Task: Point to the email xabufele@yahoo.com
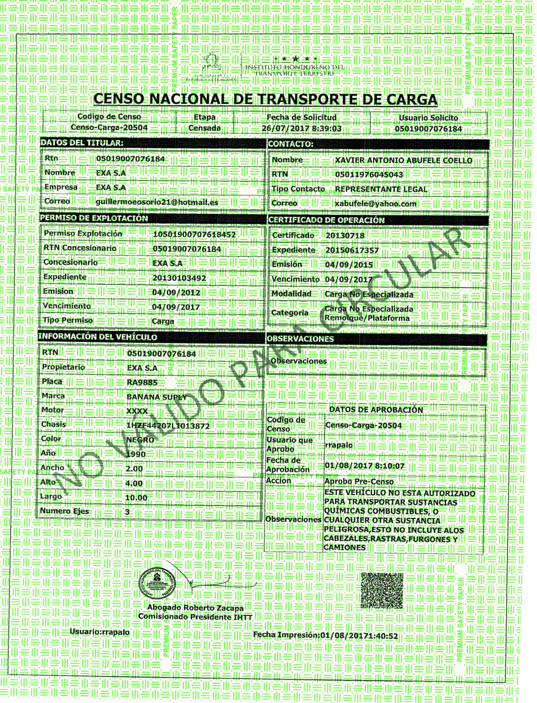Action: click(375, 204)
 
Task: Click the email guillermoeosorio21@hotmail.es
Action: click(157, 202)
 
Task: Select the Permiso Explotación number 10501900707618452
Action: click(194, 235)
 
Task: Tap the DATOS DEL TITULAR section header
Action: click(82, 143)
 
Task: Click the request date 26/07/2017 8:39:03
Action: click(302, 128)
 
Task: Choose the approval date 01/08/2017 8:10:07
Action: click(364, 466)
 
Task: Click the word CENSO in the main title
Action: click(118, 99)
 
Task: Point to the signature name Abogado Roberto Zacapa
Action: click(195, 608)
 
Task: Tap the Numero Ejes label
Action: click(65, 511)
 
